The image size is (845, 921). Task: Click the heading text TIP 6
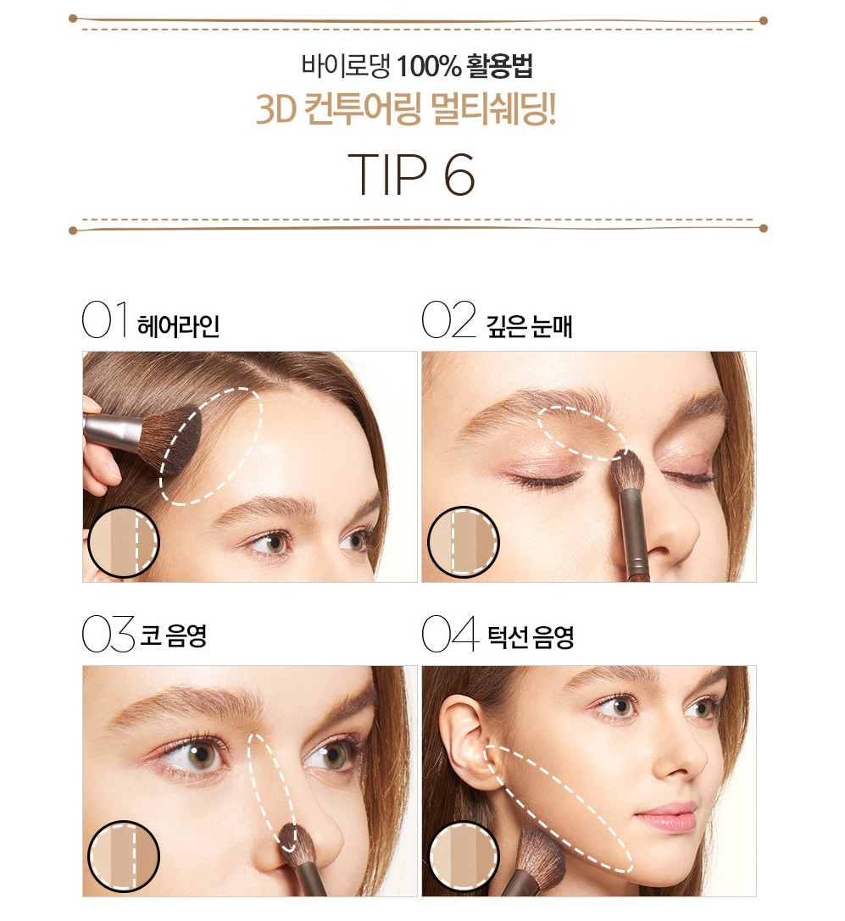411,174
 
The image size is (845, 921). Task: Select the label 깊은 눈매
529,326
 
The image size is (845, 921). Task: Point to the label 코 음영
174,635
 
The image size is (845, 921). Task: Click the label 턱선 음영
531,636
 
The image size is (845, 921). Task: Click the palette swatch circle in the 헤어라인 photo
124,542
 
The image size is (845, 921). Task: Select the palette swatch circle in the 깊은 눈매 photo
463,541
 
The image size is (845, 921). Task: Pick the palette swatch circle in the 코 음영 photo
124,857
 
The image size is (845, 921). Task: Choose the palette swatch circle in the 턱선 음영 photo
463,857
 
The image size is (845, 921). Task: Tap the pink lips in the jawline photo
667,818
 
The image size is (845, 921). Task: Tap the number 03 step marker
108,634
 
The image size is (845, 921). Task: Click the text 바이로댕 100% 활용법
417,66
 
